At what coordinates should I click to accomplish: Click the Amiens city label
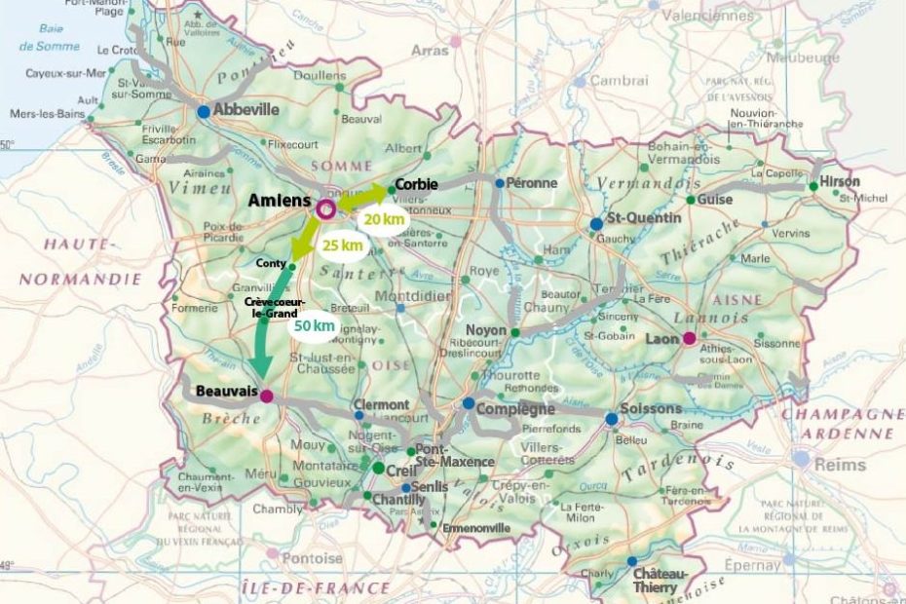pyautogui.click(x=280, y=201)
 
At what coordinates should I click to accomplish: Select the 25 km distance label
pyautogui.click(x=342, y=245)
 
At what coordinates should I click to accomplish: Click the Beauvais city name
pyautogui.click(x=226, y=390)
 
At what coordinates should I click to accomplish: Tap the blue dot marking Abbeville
pyautogui.click(x=204, y=112)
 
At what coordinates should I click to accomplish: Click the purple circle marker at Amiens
pyautogui.click(x=326, y=208)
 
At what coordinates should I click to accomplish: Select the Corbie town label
pyautogui.click(x=416, y=184)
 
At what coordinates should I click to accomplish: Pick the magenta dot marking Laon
pyautogui.click(x=689, y=339)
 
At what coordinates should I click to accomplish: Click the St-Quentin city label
pyautogui.click(x=644, y=218)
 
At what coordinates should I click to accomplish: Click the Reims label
pyautogui.click(x=839, y=466)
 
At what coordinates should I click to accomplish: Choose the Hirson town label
pyautogui.click(x=841, y=182)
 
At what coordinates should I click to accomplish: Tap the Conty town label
pyautogui.click(x=270, y=263)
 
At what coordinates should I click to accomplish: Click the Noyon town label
pyautogui.click(x=487, y=330)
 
